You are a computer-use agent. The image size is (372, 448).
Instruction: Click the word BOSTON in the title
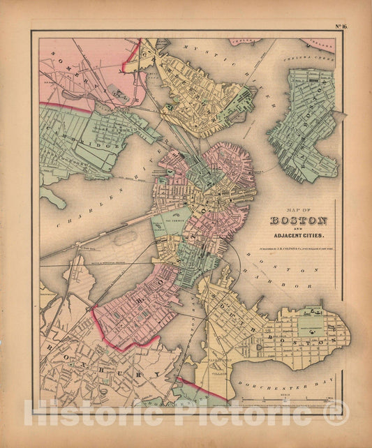[298, 223]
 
